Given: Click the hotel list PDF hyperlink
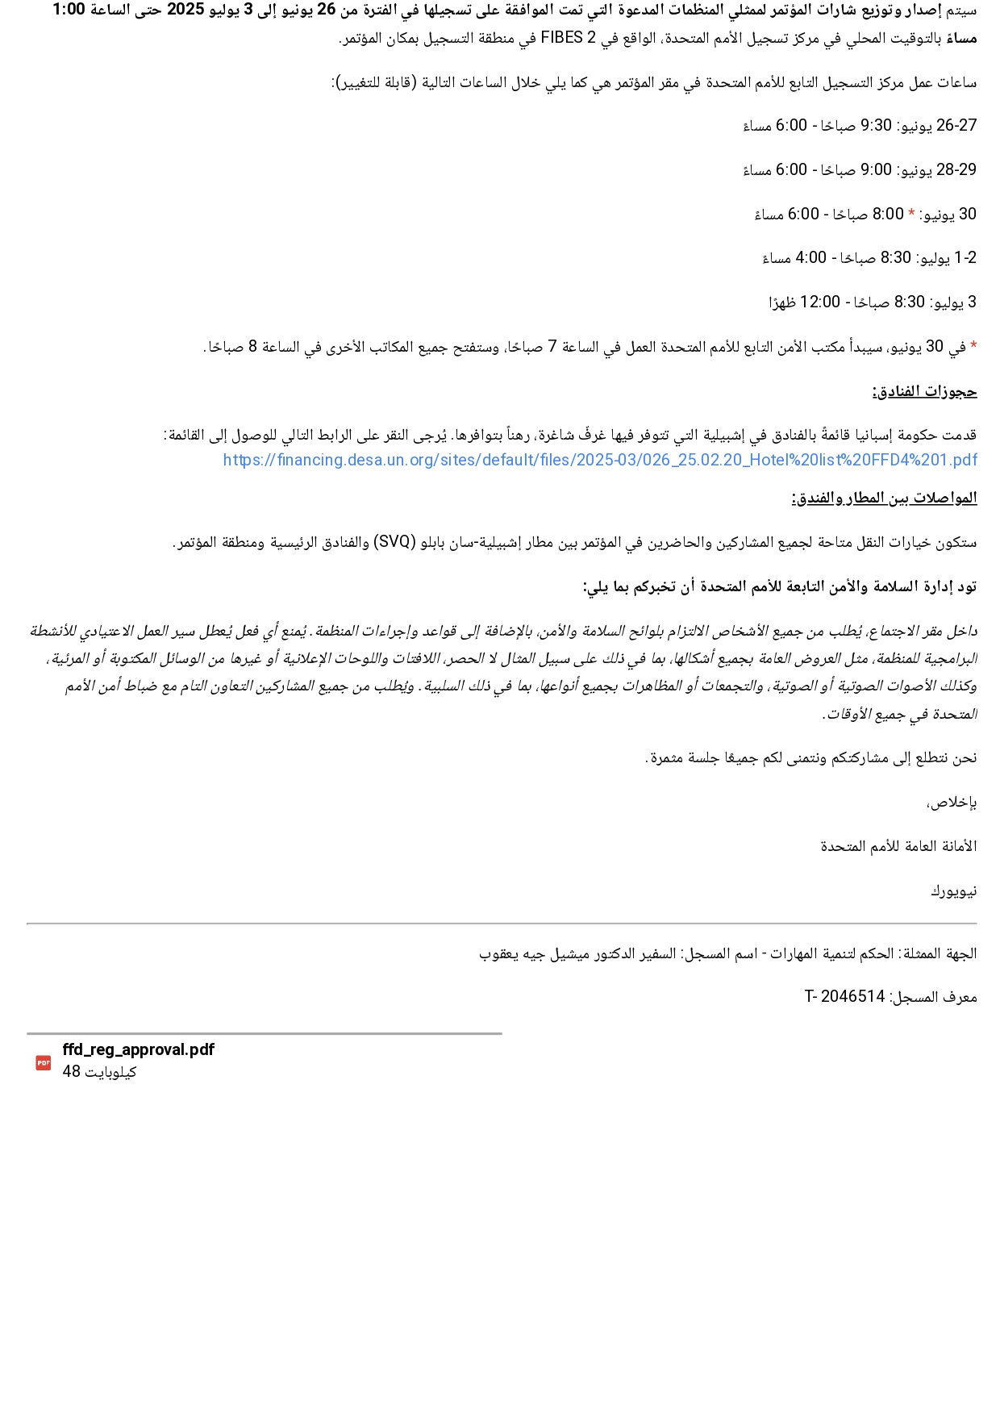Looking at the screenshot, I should [600, 460].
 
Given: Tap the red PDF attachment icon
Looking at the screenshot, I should [44, 1063].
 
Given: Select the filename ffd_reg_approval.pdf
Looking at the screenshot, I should [138, 1049].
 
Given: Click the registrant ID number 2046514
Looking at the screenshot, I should [852, 996].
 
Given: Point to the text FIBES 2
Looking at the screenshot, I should [567, 38].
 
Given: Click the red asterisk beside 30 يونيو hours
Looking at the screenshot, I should [911, 214].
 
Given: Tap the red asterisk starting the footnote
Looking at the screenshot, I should [973, 346].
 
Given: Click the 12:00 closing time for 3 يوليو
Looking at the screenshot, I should [820, 302].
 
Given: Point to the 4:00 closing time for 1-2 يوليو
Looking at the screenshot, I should [810, 257].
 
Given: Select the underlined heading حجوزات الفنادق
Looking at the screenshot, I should [924, 392].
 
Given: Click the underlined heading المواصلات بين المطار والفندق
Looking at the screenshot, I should [884, 498].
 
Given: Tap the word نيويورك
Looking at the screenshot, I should [953, 891].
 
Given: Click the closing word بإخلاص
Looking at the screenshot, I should [952, 802].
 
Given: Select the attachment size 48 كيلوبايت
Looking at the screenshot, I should [99, 1071].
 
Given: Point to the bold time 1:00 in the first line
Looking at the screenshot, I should [69, 10].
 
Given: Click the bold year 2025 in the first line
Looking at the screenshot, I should [185, 10].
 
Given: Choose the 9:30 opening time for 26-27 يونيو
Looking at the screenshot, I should [876, 125].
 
